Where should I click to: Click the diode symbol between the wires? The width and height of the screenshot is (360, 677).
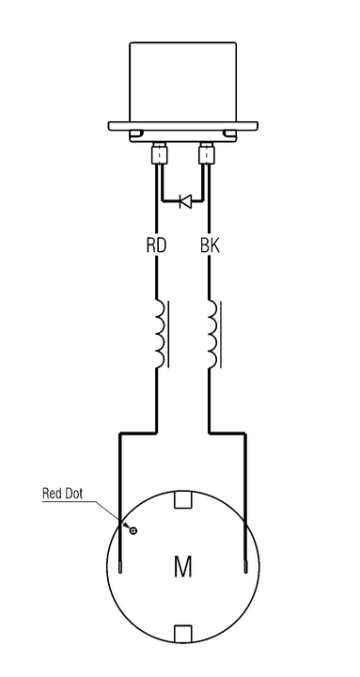(x=185, y=200)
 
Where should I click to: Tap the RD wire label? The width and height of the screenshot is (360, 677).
(x=156, y=245)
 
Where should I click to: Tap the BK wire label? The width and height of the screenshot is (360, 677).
(x=210, y=245)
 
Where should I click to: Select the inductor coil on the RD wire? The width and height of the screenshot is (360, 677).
(x=159, y=334)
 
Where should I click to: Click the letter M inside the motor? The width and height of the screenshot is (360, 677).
(x=182, y=566)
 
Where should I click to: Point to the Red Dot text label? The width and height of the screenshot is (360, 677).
(x=62, y=494)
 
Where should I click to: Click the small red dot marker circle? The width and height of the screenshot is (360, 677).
(x=133, y=530)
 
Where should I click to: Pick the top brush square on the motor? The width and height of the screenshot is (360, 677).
(x=182, y=499)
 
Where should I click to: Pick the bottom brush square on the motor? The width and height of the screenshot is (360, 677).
(x=182, y=634)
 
